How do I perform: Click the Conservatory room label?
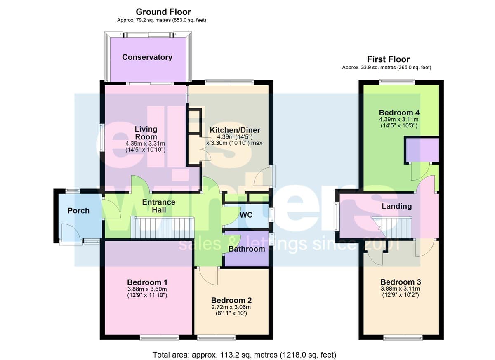click(147, 57)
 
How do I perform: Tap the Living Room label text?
click(146, 133)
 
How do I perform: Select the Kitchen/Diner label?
click(235, 130)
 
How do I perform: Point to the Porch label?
click(78, 211)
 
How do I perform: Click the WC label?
click(246, 215)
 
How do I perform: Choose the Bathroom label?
click(247, 249)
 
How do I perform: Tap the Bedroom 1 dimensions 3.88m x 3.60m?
click(147, 289)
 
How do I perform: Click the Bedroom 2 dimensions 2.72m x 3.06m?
click(231, 307)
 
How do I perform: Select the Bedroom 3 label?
click(401, 282)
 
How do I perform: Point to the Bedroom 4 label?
click(399, 113)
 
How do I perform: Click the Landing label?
click(397, 206)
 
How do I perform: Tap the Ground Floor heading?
click(163, 12)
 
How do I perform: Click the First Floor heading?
click(388, 59)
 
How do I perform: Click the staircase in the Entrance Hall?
click(163, 228)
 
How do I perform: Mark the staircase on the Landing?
click(392, 228)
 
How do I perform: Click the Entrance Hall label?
click(159, 206)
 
